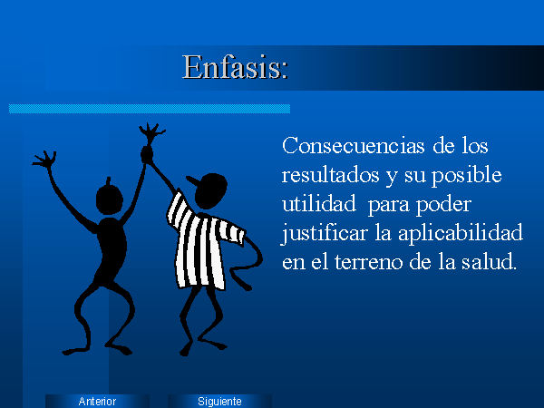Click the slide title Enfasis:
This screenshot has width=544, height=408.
pos(235,67)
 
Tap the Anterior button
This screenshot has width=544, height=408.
pos(97,401)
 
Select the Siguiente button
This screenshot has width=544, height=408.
pos(219,401)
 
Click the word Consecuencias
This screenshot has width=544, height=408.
pos(354,146)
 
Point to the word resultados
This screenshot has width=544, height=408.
pos(330,175)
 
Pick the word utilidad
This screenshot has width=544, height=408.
pos(319,204)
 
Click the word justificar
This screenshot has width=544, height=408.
pos(324,234)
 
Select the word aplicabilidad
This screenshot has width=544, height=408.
pos(460,234)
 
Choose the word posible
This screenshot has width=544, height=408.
pos(467,176)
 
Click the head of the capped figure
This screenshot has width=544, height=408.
pos(210,190)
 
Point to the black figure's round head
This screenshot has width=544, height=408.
pos(110,199)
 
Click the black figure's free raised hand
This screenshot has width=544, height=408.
pos(45,160)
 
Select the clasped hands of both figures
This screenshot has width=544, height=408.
pos(147,154)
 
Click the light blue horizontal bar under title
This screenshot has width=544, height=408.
pos(150,109)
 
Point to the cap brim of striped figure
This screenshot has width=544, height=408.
pos(192,181)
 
